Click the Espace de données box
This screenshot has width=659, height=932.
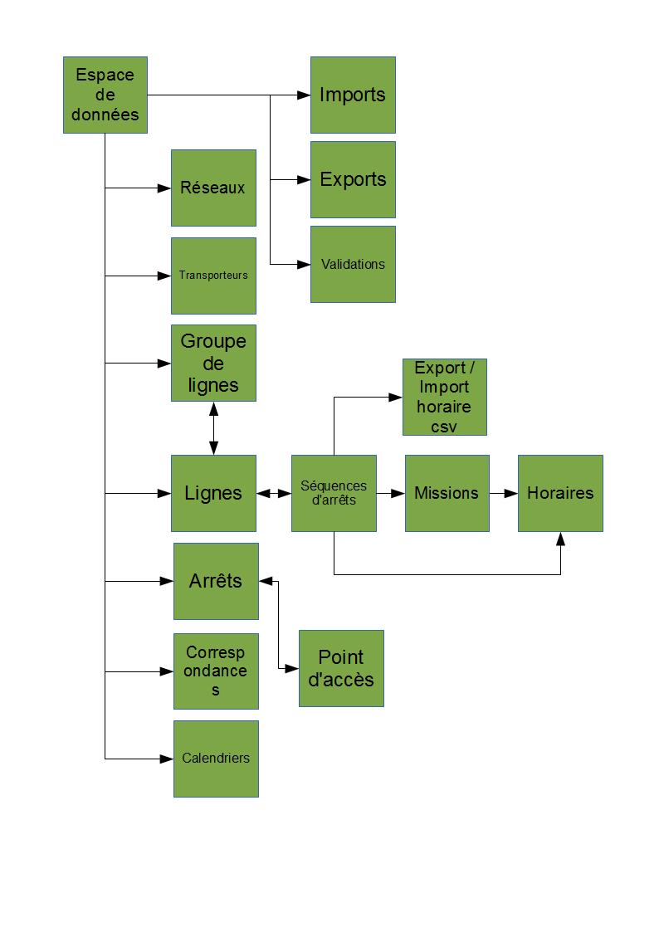[x=105, y=95]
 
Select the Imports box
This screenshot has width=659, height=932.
[x=353, y=95]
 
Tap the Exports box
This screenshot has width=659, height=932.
[x=353, y=179]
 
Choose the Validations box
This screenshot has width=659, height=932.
[x=353, y=264]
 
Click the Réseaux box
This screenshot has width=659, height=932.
[x=213, y=188]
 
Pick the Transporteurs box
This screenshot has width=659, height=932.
[x=213, y=276]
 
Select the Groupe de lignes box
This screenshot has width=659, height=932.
[x=213, y=364]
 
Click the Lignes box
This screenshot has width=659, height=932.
[x=213, y=493]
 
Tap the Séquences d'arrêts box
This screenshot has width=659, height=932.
[x=334, y=493]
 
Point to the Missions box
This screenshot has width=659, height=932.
[x=447, y=493]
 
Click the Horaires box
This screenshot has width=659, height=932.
[x=560, y=493]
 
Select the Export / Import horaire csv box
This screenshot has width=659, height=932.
[x=444, y=397]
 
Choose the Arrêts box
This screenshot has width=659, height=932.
[x=216, y=581]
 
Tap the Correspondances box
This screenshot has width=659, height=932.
[x=216, y=671]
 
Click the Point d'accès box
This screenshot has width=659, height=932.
[x=341, y=668]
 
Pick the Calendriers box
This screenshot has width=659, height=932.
[x=216, y=759]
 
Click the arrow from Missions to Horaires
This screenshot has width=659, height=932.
[x=504, y=493]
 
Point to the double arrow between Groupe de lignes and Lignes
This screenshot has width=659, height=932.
[x=213, y=428]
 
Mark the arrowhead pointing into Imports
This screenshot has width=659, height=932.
[x=304, y=95]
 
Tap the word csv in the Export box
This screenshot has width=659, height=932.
[x=444, y=427]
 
